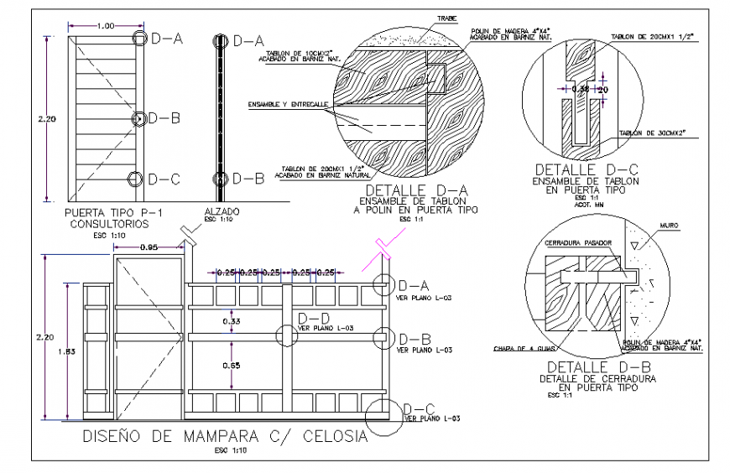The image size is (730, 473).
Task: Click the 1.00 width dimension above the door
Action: click(106, 26)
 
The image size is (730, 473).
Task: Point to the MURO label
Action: click(670, 226)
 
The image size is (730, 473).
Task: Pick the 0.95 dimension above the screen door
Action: click(149, 247)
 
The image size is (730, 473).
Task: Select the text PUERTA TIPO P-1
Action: click(102, 214)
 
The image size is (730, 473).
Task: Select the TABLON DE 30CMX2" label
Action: click(652, 133)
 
